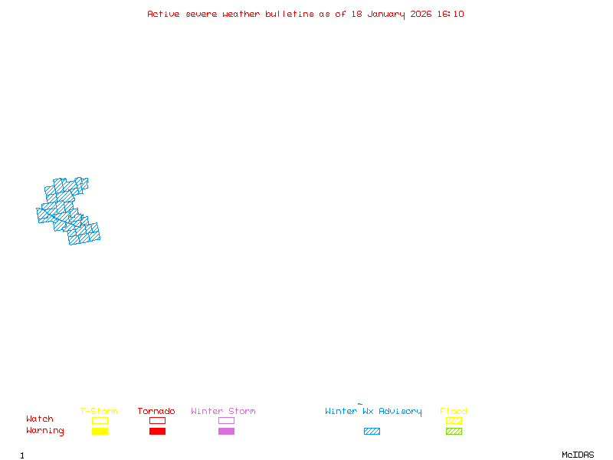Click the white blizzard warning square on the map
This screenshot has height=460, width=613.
pyautogui.click(x=42, y=199)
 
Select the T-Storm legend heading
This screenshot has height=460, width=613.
pyautogui.click(x=99, y=412)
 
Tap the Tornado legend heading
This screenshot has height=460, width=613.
pyautogui.click(x=156, y=412)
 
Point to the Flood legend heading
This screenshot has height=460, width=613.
pyautogui.click(x=454, y=412)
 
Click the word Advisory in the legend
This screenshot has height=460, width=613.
pyautogui.click(x=400, y=412)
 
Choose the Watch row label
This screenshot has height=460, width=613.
pyautogui.click(x=40, y=419)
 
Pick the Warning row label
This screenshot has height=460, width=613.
pyautogui.click(x=45, y=431)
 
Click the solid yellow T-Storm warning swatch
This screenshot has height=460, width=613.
pyautogui.click(x=100, y=432)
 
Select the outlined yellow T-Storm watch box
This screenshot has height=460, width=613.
pyautogui.click(x=100, y=420)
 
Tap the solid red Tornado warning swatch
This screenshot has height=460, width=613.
pyautogui.click(x=157, y=432)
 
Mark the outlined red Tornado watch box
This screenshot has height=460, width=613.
pyautogui.click(x=157, y=420)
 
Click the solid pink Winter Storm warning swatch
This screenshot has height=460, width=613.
pyautogui.click(x=226, y=432)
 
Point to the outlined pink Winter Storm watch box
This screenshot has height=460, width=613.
pyautogui.click(x=226, y=420)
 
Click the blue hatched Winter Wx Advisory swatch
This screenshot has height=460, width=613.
pyautogui.click(x=372, y=432)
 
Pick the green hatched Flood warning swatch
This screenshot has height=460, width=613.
pyautogui.click(x=454, y=432)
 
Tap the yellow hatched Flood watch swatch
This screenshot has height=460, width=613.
pyautogui.click(x=454, y=420)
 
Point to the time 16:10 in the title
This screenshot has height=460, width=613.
pyautogui.click(x=451, y=14)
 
